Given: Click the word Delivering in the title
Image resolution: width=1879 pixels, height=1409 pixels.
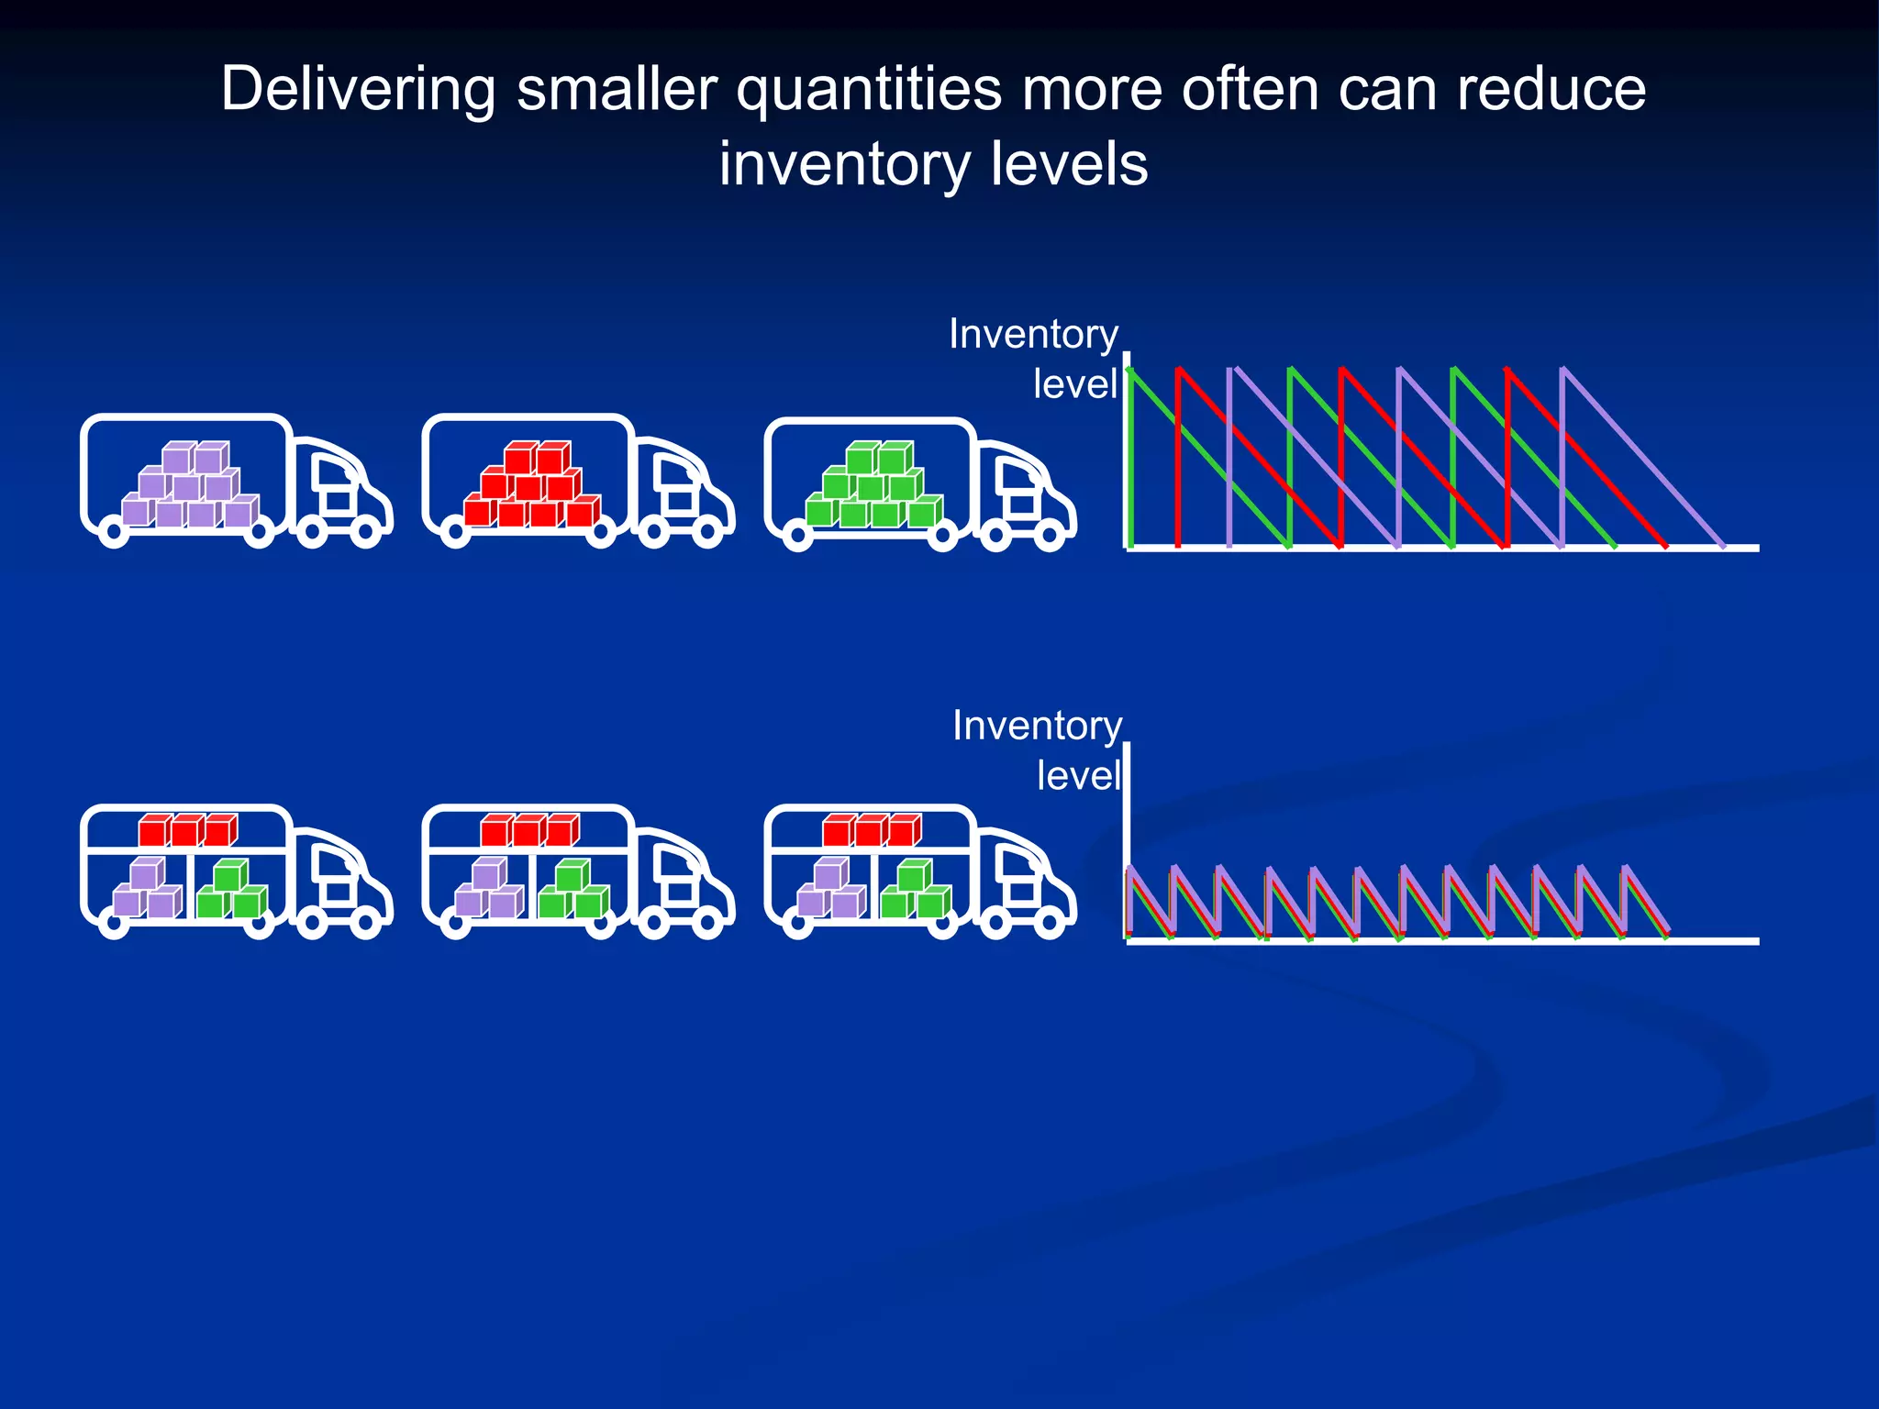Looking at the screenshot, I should [x=358, y=90].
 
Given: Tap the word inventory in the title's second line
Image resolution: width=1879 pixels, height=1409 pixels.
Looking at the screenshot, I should [x=844, y=165].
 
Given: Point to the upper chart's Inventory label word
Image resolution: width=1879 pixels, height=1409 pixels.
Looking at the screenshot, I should [x=1033, y=334].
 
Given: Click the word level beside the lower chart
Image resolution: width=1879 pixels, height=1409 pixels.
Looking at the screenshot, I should [x=1079, y=776].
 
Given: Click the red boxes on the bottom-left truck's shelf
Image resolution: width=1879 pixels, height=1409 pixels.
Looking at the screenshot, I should [x=188, y=830].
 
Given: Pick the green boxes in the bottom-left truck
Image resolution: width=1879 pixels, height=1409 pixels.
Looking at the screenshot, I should [x=231, y=890].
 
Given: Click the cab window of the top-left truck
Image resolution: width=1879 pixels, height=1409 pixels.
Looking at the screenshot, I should [x=329, y=473].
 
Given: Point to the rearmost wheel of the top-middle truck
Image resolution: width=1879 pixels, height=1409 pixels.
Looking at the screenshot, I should [x=456, y=532].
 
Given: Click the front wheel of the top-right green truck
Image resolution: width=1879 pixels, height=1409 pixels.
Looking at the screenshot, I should [x=1049, y=535].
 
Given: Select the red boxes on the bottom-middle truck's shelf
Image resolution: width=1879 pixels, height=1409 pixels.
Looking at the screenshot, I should [x=530, y=830].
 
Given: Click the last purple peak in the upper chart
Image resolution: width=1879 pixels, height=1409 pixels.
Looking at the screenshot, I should [x=1563, y=371].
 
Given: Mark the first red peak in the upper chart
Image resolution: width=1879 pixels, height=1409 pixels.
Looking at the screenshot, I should [x=1179, y=371].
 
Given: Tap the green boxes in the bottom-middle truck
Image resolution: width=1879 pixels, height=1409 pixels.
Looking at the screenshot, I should [x=573, y=890].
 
